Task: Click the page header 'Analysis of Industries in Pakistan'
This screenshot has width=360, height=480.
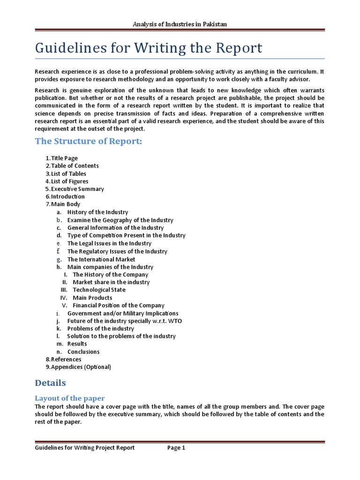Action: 180,24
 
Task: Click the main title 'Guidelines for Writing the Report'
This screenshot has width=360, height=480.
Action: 149,48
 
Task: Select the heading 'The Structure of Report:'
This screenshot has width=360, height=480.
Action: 88,142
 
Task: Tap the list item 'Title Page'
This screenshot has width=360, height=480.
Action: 64,158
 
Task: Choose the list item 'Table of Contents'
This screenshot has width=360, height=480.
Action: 75,165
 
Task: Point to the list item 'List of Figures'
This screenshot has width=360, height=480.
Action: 69,181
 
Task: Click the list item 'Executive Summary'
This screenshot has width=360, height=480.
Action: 77,189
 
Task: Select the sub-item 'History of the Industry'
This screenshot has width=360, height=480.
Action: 97,212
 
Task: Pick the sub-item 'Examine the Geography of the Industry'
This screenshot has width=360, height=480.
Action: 120,220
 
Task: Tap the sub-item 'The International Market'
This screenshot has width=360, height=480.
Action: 101,259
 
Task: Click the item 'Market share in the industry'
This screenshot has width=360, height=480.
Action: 111,282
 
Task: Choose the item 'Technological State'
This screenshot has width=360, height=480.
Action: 99,290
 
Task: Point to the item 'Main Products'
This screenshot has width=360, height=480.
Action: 92,298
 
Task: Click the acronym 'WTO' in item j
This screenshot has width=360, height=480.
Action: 175,321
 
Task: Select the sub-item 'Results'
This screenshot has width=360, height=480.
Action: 77,344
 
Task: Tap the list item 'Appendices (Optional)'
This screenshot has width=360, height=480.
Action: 81,367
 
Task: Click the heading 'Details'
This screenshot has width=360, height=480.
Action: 51,383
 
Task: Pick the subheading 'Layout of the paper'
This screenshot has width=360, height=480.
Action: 70,398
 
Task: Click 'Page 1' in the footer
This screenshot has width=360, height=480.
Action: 176,448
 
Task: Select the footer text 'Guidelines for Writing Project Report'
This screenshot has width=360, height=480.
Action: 85,448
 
